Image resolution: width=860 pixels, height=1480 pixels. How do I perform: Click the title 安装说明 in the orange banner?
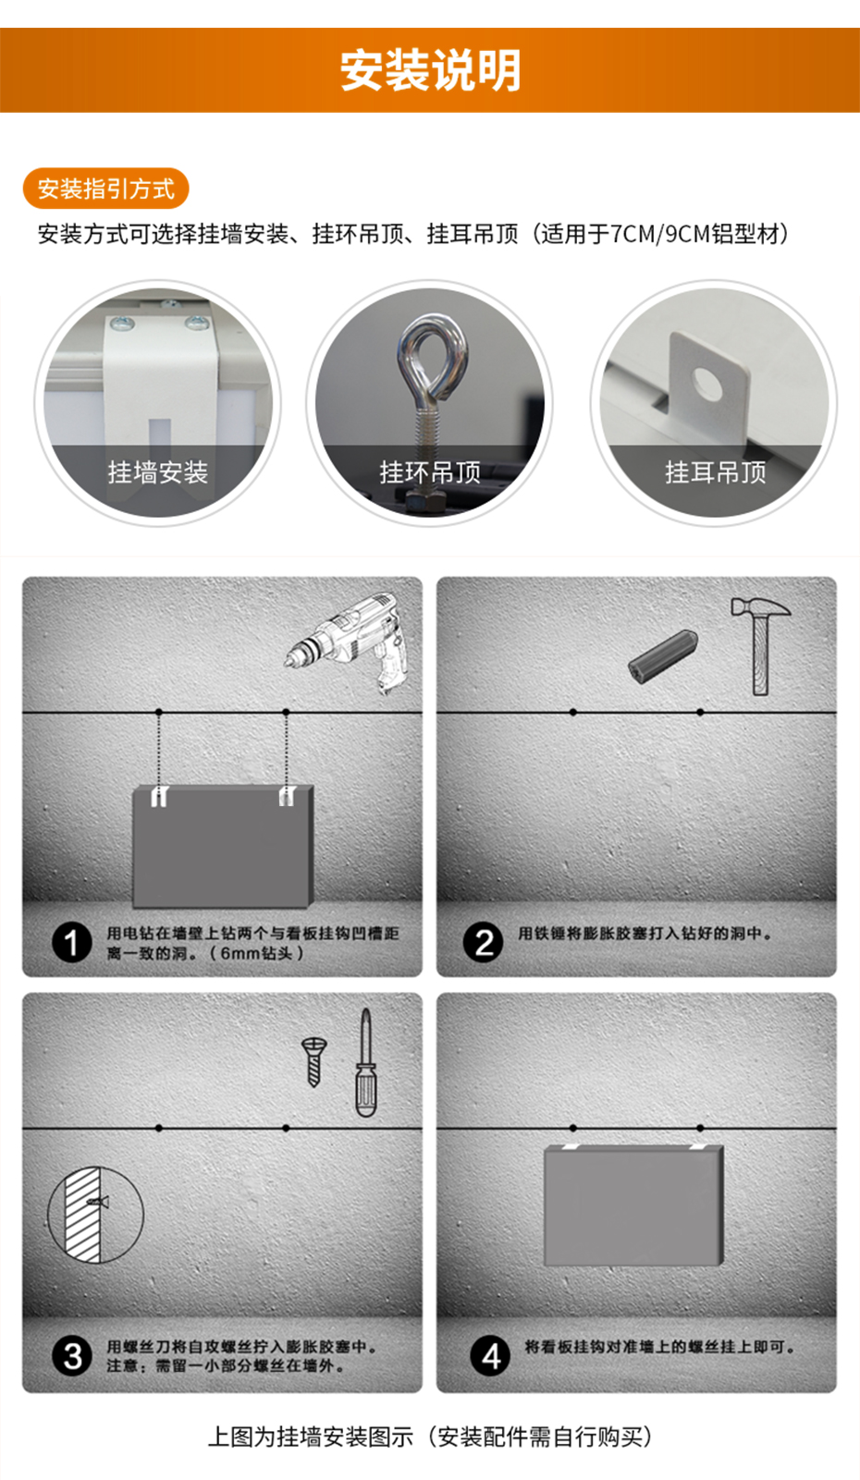pyautogui.click(x=430, y=70)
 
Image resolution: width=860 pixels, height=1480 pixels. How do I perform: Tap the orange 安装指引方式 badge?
pyautogui.click(x=105, y=189)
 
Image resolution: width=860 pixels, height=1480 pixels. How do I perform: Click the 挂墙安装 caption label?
pyautogui.click(x=158, y=472)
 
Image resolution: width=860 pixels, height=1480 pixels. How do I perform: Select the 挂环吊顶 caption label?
pyautogui.click(x=430, y=472)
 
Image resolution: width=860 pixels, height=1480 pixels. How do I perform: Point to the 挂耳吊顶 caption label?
pyautogui.click(x=715, y=472)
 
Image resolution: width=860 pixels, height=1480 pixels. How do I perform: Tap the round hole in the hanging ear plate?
pyautogui.click(x=708, y=385)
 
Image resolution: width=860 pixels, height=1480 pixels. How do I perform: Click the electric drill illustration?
pyautogui.click(x=347, y=641)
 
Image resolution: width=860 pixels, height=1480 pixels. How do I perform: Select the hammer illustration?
pyautogui.click(x=760, y=645)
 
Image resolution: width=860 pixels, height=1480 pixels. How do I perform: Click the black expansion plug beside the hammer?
pyautogui.click(x=662, y=656)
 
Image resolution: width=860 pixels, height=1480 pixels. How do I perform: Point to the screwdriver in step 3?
pyautogui.click(x=365, y=1063)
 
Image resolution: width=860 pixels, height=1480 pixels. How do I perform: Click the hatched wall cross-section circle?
pyautogui.click(x=96, y=1215)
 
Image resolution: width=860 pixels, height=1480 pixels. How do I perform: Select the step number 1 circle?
pyautogui.click(x=71, y=943)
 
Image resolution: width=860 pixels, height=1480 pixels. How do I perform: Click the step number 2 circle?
pyautogui.click(x=484, y=943)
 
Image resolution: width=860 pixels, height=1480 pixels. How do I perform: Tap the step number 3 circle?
pyautogui.click(x=71, y=1357)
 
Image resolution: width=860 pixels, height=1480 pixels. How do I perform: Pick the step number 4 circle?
pyautogui.click(x=490, y=1357)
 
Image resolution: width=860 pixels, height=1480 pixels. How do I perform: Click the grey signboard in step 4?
pyautogui.click(x=633, y=1205)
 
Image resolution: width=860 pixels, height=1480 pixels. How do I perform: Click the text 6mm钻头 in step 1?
pyautogui.click(x=256, y=953)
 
